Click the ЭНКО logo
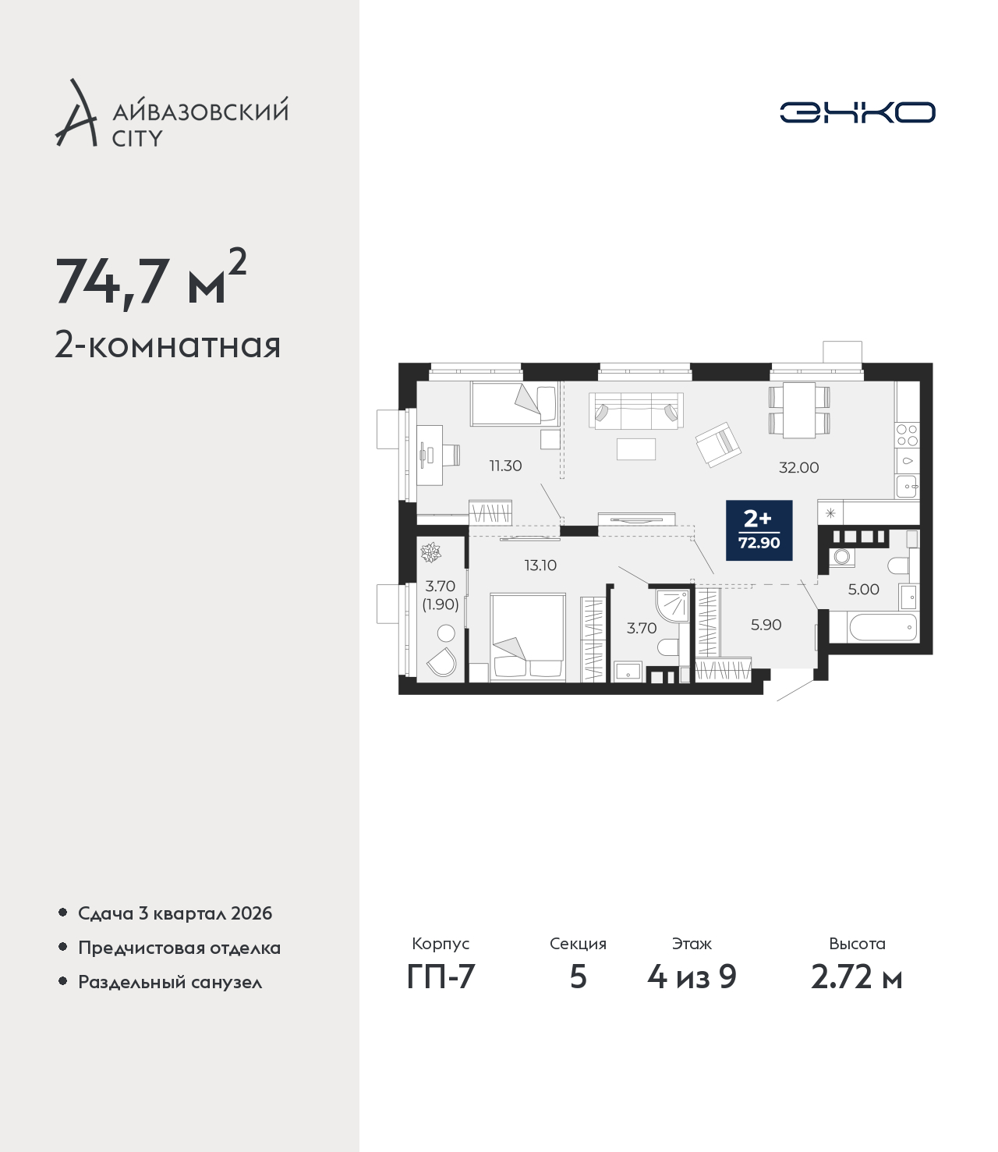pos(857,112)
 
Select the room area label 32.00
pos(798,468)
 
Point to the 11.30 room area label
pos(505,466)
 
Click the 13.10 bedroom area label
pos(540,565)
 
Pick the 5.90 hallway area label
pos(766,625)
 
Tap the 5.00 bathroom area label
pos(864,589)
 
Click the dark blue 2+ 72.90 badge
pos(759,530)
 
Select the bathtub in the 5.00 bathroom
pos(883,628)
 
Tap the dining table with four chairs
pos(799,410)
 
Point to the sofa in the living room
pos(636,410)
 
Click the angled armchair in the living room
pos(718,445)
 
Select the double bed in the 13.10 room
pos(528,637)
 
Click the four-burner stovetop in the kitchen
pos(907,434)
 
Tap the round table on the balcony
pos(446,633)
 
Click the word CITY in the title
pos(137,138)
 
